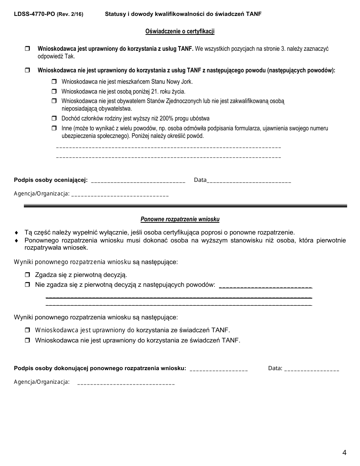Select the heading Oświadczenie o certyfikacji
coord(180,31)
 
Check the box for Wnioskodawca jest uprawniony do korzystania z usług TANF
coord(27,49)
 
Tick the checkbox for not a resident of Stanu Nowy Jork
coord(54,81)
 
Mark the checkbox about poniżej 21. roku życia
coord(54,91)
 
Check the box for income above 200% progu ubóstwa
coord(54,118)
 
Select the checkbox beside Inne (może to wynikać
coord(54,128)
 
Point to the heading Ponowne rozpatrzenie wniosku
coord(180,219)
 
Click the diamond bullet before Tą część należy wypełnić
coord(16,233)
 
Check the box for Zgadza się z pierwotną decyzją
coord(27,275)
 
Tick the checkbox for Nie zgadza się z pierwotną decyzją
coord(27,285)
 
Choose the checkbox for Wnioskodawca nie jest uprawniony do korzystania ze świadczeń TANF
coord(27,340)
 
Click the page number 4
coord(344,452)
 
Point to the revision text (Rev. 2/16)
coord(70,14)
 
